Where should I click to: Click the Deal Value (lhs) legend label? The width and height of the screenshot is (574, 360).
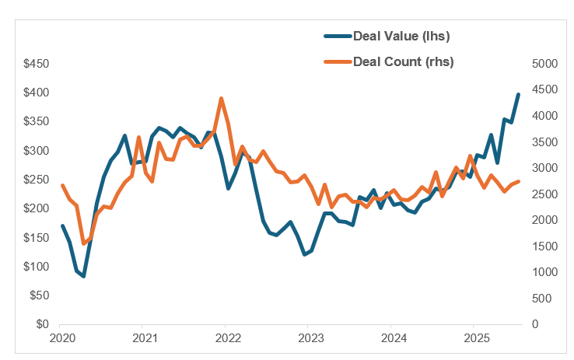coord(401,36)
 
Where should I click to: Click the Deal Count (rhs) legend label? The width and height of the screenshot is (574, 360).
coord(403,61)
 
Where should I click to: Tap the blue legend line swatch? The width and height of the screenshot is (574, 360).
coord(338,36)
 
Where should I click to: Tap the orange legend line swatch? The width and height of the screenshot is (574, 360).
coord(338,61)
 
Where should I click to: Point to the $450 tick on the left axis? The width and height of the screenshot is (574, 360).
coord(36,64)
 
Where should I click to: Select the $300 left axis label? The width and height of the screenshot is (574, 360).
coord(36,151)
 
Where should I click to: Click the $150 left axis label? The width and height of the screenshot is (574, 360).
coord(36,237)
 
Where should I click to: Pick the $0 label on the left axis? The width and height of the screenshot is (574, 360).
coord(41,324)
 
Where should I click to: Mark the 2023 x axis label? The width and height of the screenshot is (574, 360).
coord(309,339)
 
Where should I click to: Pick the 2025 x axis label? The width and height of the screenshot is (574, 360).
coord(475,339)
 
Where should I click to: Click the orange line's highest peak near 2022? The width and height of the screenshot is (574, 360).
coord(222,99)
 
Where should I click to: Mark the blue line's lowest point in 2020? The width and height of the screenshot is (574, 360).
coord(83,276)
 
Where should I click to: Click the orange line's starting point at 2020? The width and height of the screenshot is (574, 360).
coord(62,185)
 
